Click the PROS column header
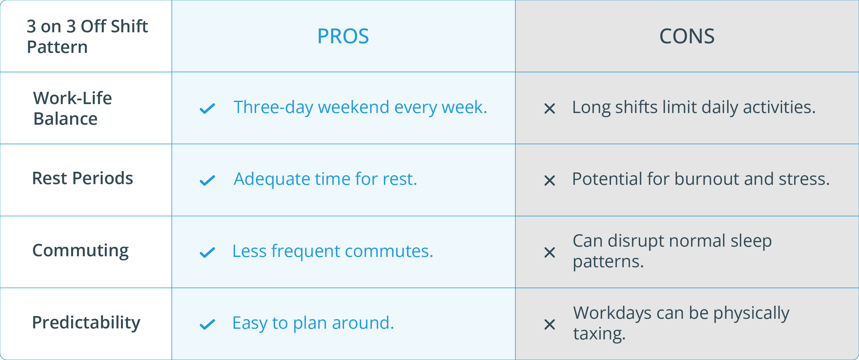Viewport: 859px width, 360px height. point(343,36)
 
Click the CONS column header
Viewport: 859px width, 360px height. point(687,36)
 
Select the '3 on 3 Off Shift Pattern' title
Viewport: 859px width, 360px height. point(87,36)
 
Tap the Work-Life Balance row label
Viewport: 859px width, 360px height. point(72,108)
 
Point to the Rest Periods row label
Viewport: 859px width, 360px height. point(82,178)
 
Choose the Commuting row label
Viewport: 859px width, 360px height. point(80,250)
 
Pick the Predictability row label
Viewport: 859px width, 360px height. point(86,323)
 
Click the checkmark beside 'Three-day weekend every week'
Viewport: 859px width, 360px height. point(207,109)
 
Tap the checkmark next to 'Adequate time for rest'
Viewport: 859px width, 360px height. point(207,180)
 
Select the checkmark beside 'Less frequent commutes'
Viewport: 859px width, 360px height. point(207,252)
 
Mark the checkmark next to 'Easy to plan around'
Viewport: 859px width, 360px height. point(207,324)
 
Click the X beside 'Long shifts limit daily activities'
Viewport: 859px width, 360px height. point(550,109)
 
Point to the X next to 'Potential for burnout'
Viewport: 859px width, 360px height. point(550,180)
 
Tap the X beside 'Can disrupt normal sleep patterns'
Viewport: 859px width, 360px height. point(550,252)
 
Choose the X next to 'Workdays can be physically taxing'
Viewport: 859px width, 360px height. point(550,324)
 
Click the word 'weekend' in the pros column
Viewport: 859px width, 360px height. point(354,107)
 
